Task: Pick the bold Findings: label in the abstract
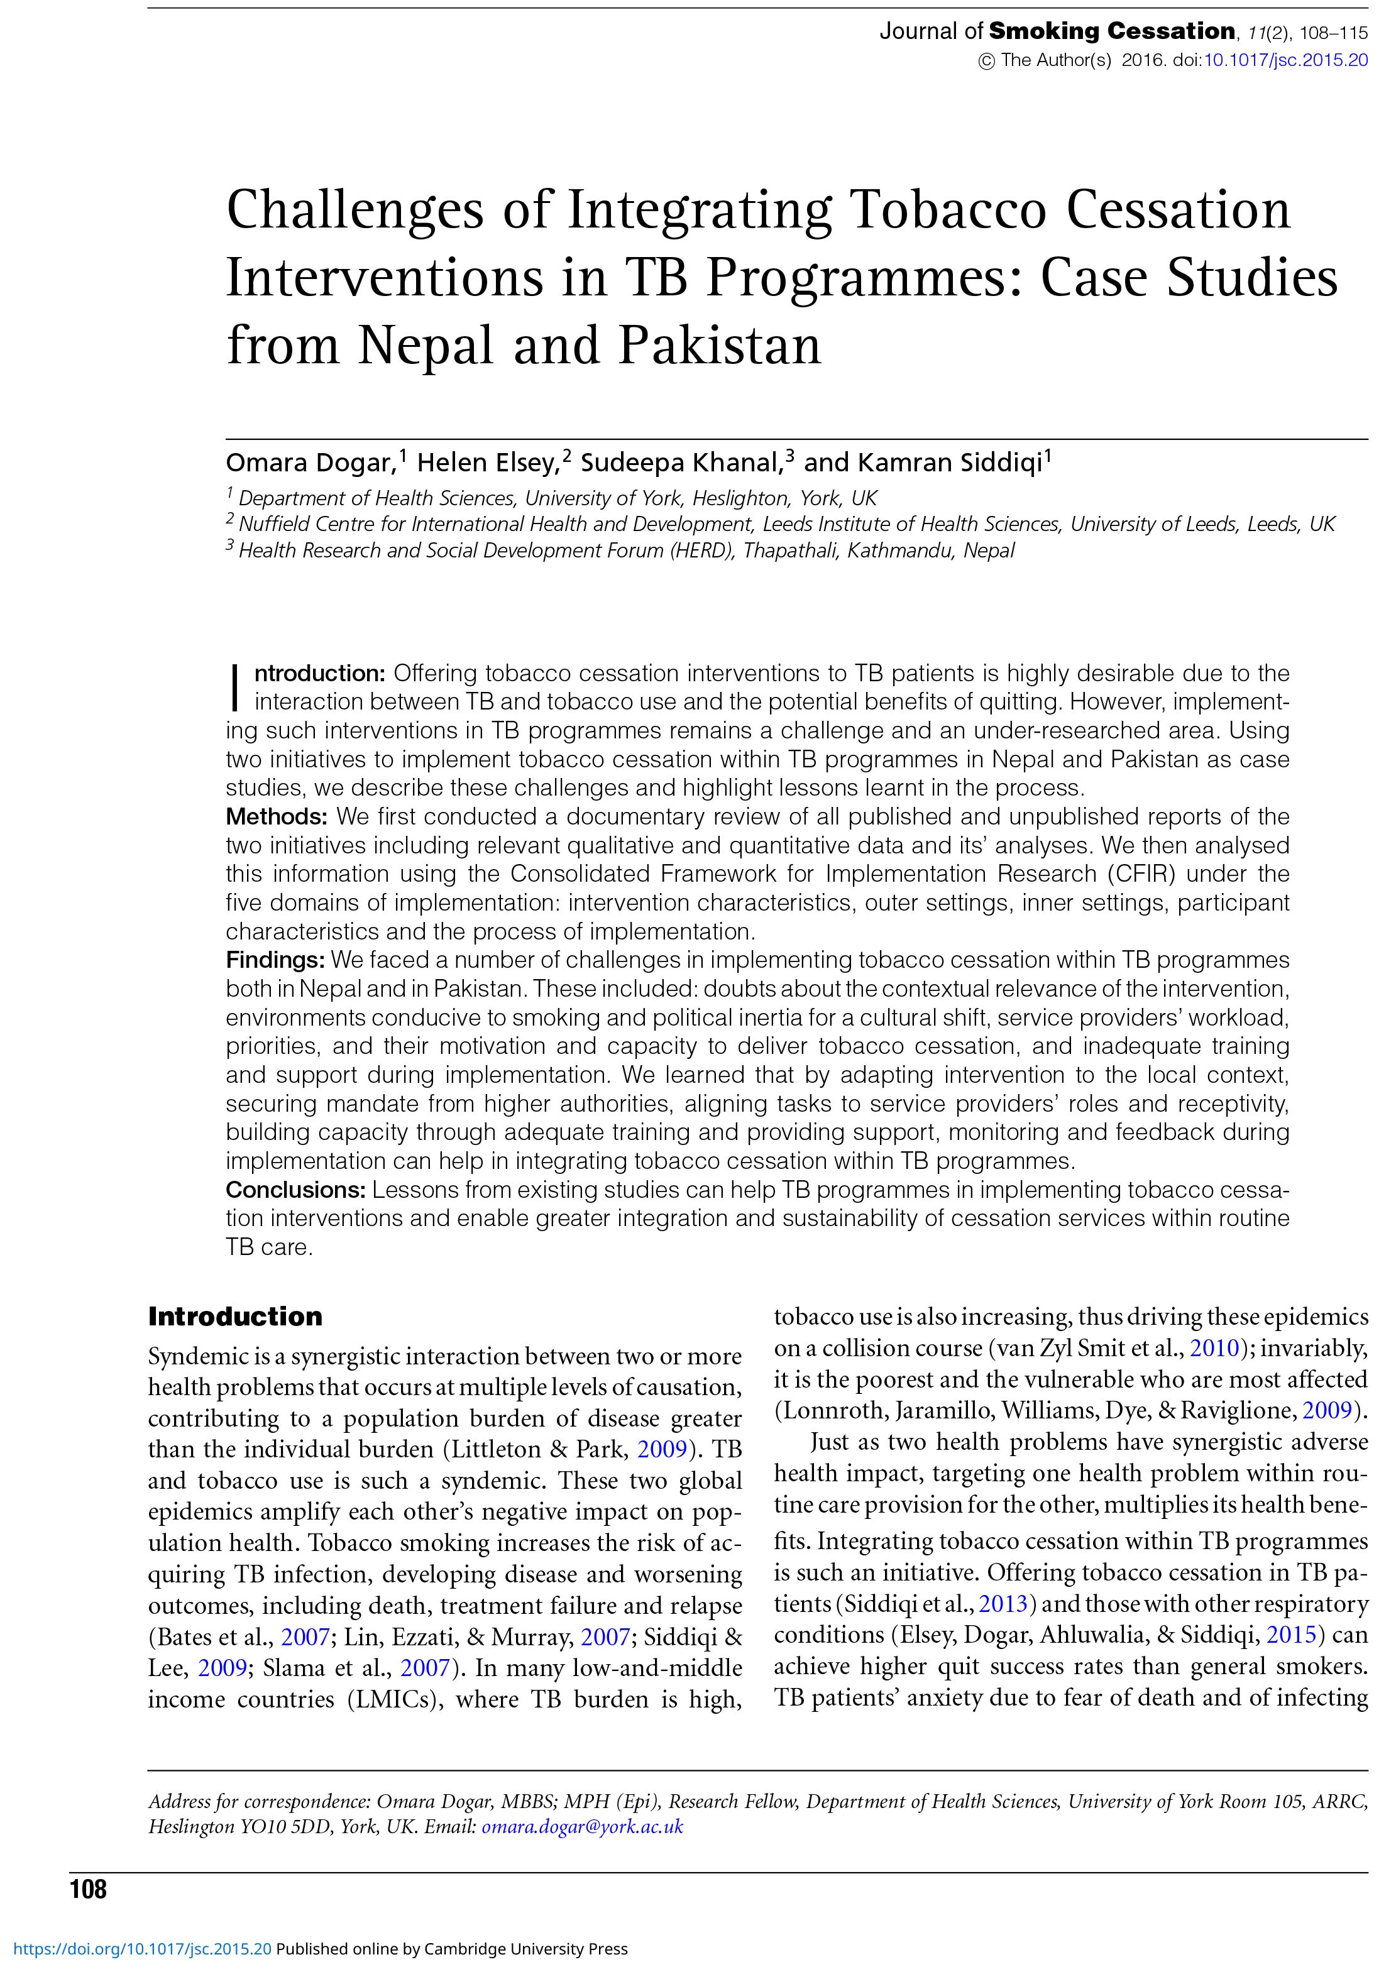pyautogui.click(x=275, y=960)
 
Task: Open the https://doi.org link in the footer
pyautogui.click(x=138, y=1949)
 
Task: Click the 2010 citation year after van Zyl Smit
pyautogui.click(x=1214, y=1349)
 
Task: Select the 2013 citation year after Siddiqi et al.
pyautogui.click(x=1003, y=1604)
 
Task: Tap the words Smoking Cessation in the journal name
pyautogui.click(x=1111, y=32)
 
